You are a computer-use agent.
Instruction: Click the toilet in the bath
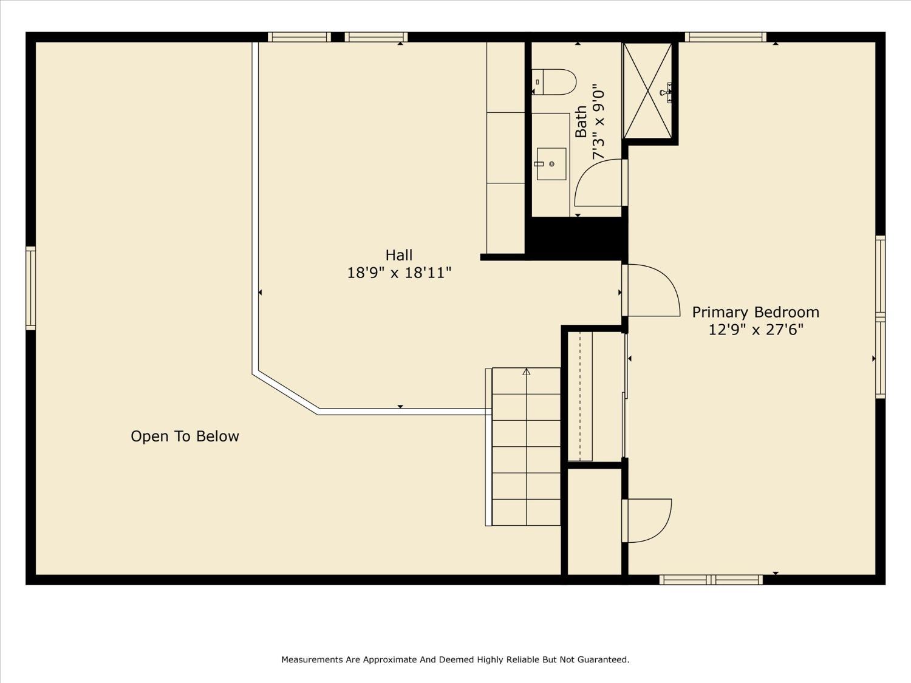coord(554,82)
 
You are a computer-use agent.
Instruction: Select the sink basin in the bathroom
coord(551,164)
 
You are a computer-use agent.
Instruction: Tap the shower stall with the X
coord(647,90)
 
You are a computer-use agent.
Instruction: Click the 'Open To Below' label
coord(185,437)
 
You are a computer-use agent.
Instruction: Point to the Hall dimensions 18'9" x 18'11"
coord(399,273)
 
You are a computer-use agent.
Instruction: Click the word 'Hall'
coord(399,254)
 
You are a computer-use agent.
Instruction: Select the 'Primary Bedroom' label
coord(756,312)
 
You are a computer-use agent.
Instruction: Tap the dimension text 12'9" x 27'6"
coord(756,330)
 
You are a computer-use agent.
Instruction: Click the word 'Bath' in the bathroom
coord(581,121)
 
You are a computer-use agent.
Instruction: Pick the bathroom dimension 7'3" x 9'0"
coord(598,122)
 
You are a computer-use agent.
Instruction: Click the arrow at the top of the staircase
coord(527,372)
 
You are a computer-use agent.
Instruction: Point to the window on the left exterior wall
coord(31,288)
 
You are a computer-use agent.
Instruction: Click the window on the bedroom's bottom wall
coord(711,579)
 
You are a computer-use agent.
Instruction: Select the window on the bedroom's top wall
coord(726,37)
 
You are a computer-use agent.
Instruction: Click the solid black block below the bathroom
coord(576,237)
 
